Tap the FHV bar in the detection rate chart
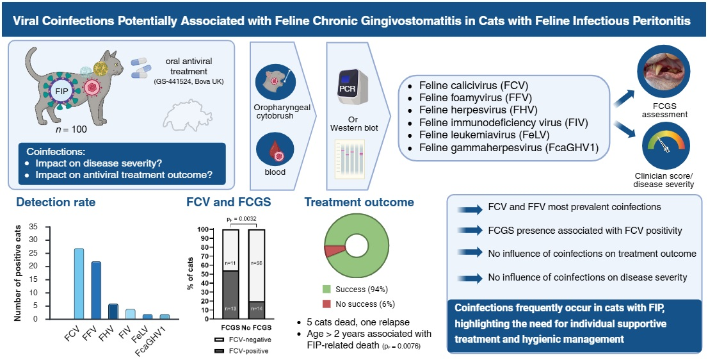[x=112, y=311]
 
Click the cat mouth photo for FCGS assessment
[x=664, y=73]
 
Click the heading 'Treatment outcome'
[x=358, y=203]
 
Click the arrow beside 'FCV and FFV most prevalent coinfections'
[x=476, y=208]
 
